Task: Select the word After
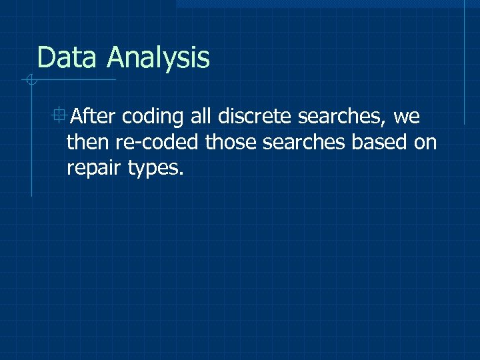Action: click(x=93, y=117)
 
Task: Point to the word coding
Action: click(x=153, y=118)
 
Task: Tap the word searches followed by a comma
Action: click(x=340, y=117)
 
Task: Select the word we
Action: click(x=407, y=118)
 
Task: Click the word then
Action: click(x=85, y=142)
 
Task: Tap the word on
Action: click(x=425, y=143)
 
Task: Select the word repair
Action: click(x=93, y=169)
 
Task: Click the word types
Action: click(x=153, y=169)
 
